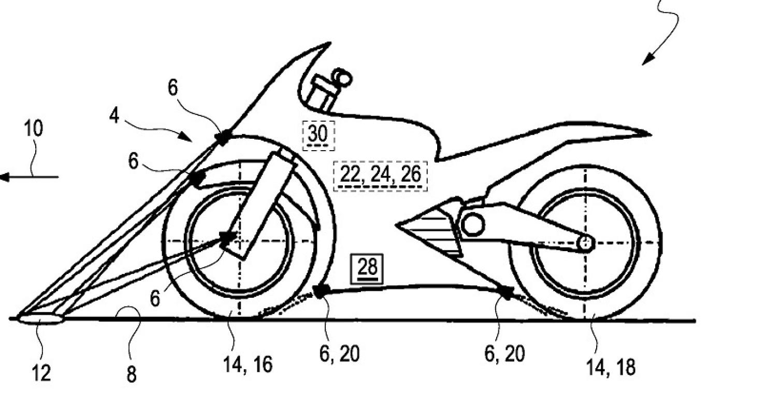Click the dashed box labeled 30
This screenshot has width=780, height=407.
click(319, 136)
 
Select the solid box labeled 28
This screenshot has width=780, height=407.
click(367, 269)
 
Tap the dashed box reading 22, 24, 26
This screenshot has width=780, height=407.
click(380, 176)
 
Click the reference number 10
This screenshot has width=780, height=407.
click(34, 128)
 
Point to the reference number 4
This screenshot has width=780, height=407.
click(114, 115)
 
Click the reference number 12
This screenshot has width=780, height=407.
click(41, 373)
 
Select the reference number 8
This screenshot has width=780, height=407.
click(131, 374)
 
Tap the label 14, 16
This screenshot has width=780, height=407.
click(248, 365)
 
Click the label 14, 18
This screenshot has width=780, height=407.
click(611, 368)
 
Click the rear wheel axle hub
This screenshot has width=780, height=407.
click(586, 243)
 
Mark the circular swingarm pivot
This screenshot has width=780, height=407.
click(472, 224)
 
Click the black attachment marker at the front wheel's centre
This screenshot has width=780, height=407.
click(227, 238)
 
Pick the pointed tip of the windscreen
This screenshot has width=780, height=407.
click(330, 43)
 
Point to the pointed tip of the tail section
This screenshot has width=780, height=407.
click(650, 135)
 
